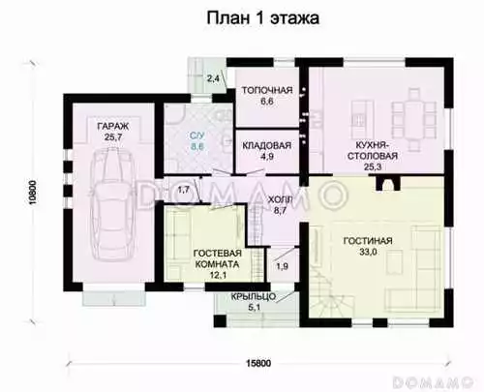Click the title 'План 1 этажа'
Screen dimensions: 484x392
(x=262, y=18)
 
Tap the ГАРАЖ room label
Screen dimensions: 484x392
(x=113, y=126)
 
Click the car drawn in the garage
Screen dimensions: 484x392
(x=112, y=205)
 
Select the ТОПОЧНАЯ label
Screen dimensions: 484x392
(x=267, y=90)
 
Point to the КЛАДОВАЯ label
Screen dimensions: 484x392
(x=267, y=145)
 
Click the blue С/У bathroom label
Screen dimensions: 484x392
(x=197, y=136)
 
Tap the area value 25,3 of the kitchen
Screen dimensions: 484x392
(x=372, y=166)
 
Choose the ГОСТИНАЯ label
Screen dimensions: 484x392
(x=368, y=241)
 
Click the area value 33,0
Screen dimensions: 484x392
(x=368, y=252)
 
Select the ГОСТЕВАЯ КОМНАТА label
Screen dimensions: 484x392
(x=218, y=258)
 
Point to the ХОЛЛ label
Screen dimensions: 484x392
(x=280, y=200)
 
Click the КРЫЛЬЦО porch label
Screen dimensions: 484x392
(x=253, y=296)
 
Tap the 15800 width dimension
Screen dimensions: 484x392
(x=258, y=363)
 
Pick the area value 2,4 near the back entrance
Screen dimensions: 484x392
(x=213, y=77)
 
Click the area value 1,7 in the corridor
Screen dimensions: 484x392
(x=184, y=190)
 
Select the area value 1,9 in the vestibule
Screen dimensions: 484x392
(x=283, y=266)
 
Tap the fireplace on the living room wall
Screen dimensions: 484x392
(x=387, y=183)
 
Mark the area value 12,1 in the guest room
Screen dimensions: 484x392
(x=218, y=275)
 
